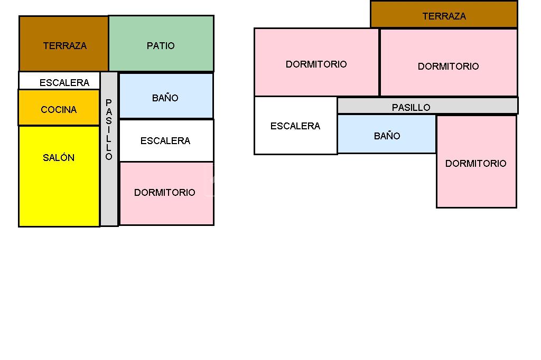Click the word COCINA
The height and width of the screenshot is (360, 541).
[59, 110]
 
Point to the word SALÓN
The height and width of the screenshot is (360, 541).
[59, 157]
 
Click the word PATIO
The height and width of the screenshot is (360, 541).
[161, 46]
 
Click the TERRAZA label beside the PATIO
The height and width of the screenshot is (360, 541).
[64, 46]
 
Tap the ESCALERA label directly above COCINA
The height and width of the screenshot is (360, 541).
[64, 83]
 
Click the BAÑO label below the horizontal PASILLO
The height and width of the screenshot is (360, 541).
[387, 136]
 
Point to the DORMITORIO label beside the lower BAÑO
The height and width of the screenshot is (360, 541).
[475, 163]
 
